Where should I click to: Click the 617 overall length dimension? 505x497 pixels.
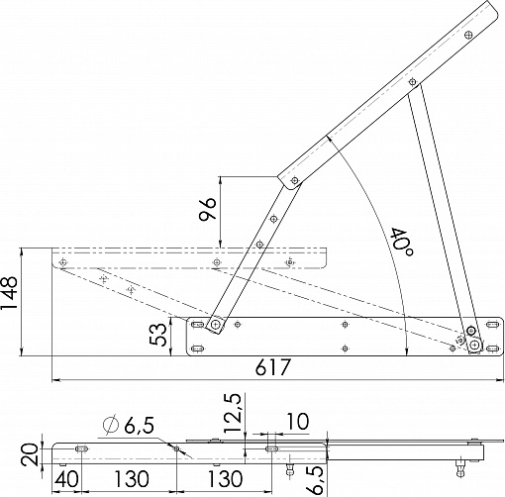click(x=272, y=367)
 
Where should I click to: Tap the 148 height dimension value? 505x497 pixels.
click(x=9, y=293)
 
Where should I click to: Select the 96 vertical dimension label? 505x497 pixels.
click(x=207, y=209)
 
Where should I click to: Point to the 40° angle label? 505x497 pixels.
click(x=401, y=242)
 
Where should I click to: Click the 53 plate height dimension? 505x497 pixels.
click(x=157, y=335)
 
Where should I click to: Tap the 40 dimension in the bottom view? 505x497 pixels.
click(x=66, y=479)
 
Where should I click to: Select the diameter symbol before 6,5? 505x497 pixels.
click(x=111, y=425)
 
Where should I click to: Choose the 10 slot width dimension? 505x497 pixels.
click(x=298, y=422)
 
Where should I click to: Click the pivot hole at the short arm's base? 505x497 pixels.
click(x=216, y=325)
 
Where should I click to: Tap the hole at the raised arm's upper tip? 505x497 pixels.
click(x=468, y=35)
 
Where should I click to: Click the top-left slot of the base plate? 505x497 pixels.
click(x=198, y=325)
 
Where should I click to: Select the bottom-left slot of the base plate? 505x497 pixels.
click(x=198, y=348)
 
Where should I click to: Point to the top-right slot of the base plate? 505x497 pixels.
click(x=492, y=325)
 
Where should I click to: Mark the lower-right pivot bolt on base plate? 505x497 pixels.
click(x=475, y=346)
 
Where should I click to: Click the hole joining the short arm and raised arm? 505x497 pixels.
click(x=295, y=180)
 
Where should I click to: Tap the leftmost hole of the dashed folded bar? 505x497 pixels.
click(x=62, y=262)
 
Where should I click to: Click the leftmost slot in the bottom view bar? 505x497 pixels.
click(x=81, y=448)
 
